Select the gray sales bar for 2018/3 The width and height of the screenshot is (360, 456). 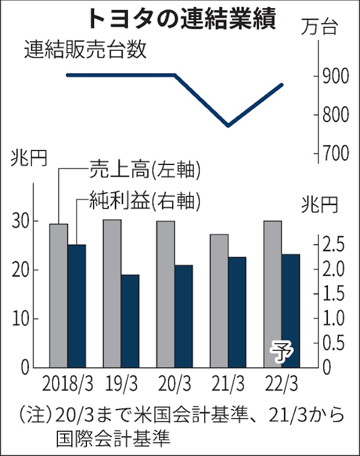pos(58,295)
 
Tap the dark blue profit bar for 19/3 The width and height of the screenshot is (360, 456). pos(130,321)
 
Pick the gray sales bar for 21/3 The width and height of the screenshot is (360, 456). pos(219,300)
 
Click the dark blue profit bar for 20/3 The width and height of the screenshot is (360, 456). pos(184,315)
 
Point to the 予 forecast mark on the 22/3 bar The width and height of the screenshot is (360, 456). pos(281,352)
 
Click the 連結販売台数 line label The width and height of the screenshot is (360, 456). pos(85,51)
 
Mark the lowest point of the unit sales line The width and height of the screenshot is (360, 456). pos(228,126)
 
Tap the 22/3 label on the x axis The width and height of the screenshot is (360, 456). pos(281,386)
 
